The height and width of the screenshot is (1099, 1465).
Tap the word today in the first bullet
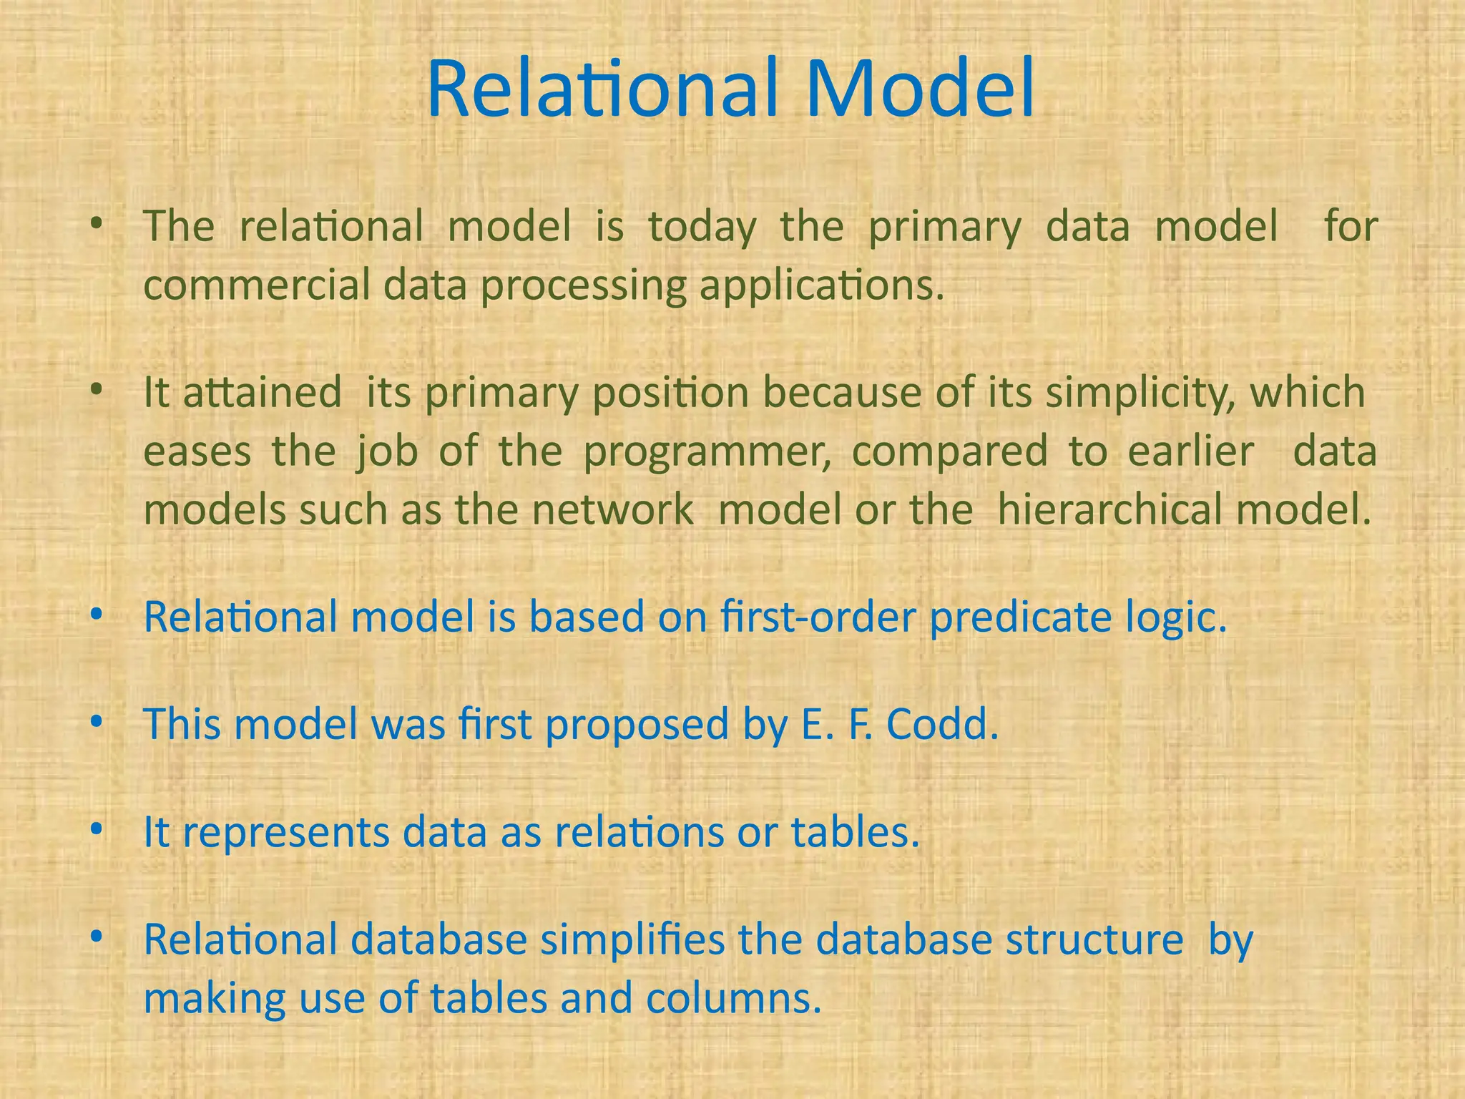click(x=702, y=228)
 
